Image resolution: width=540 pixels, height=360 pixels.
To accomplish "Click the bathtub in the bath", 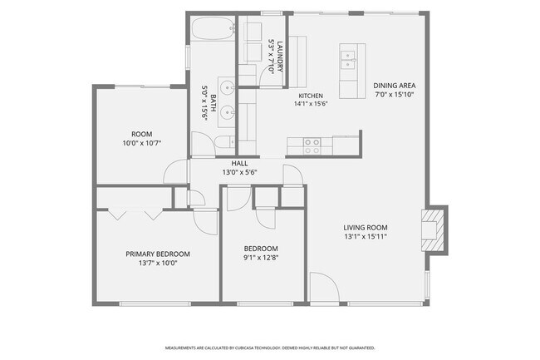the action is (x=213, y=28).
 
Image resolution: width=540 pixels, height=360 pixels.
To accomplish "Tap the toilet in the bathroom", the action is (x=224, y=142).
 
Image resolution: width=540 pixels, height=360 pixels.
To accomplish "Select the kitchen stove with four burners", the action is (x=312, y=146).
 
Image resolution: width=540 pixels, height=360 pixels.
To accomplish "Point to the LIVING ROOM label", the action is (x=366, y=227).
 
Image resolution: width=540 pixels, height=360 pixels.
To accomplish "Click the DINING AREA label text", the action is (x=395, y=86).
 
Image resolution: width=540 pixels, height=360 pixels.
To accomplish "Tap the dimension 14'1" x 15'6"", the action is (x=311, y=104).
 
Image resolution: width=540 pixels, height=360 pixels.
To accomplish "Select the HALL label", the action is (x=239, y=163).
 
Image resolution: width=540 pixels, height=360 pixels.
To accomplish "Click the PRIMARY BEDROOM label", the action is (x=158, y=254).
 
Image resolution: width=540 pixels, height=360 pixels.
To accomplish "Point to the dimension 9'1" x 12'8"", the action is (x=261, y=258).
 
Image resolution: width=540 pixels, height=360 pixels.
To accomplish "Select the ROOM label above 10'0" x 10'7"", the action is (x=142, y=134).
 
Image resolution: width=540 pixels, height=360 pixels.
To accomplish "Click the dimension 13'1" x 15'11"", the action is (x=366, y=236).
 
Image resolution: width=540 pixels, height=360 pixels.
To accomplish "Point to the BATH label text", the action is (x=213, y=103).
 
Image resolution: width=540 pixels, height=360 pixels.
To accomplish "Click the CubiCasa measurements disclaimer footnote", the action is (x=270, y=348).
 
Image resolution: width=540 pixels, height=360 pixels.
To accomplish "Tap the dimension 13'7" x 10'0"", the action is (x=158, y=263).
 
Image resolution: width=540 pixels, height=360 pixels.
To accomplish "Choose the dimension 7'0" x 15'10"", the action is (x=395, y=95).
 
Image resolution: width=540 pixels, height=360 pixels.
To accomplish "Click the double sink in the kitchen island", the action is (x=348, y=60).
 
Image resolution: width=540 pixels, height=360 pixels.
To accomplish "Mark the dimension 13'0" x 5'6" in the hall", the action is (x=239, y=172).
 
